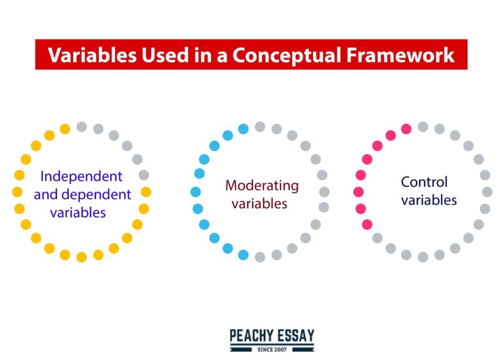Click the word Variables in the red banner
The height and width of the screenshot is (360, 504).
tap(92, 55)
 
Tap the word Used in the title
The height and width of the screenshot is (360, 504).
tap(165, 55)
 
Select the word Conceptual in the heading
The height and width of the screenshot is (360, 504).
tap(287, 55)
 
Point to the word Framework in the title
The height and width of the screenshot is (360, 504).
tap(401, 55)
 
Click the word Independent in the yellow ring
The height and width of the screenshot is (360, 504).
tap(81, 176)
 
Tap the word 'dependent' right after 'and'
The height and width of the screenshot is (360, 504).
tap(96, 195)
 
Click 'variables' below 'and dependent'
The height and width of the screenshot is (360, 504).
tap(78, 213)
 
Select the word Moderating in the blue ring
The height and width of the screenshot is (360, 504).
tap(262, 186)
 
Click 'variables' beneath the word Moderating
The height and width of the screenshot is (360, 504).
tap(259, 204)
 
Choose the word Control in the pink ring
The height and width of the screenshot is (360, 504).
tap(424, 182)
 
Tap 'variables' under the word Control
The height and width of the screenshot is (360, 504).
tap(429, 200)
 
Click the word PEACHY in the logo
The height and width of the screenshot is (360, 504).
tap(251, 336)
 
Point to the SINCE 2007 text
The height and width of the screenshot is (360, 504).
tap(272, 349)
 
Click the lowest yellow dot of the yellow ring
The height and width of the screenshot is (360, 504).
tap(82, 257)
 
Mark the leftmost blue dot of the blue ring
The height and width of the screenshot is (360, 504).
tap(195, 192)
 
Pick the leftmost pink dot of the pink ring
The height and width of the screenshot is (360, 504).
tap(358, 192)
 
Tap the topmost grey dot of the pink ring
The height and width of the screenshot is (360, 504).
tap(423, 127)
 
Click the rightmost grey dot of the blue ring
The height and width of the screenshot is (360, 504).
tap(324, 192)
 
